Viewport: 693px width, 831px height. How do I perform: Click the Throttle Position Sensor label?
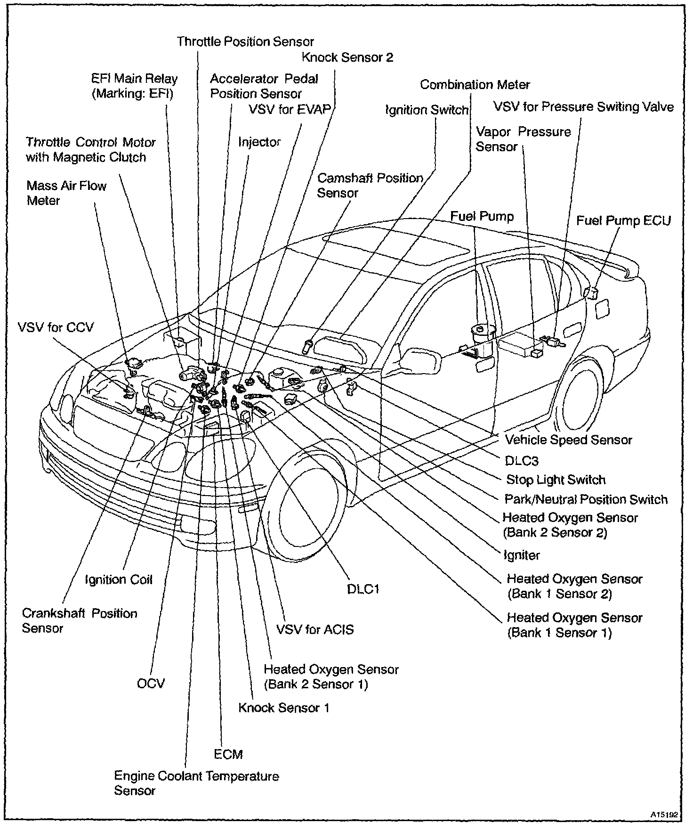(x=245, y=41)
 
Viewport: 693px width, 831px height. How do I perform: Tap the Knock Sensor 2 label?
(x=347, y=57)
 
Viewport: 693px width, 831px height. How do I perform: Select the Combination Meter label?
(x=475, y=85)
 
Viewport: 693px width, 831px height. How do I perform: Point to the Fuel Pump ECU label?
(x=623, y=220)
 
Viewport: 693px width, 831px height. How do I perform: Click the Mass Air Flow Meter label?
(x=66, y=193)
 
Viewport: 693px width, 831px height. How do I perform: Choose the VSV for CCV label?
(x=56, y=327)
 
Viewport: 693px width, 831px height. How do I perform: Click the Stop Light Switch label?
(x=556, y=480)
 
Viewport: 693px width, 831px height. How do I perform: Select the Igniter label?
(x=521, y=555)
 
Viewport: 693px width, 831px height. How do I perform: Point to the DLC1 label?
(x=363, y=588)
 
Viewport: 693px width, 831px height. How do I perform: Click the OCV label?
(x=151, y=683)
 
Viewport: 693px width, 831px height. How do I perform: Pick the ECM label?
(x=228, y=754)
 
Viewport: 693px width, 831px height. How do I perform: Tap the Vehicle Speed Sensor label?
(x=568, y=440)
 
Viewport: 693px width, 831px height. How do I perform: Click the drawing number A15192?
(x=664, y=814)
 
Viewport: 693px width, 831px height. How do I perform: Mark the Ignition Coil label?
(x=119, y=579)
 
